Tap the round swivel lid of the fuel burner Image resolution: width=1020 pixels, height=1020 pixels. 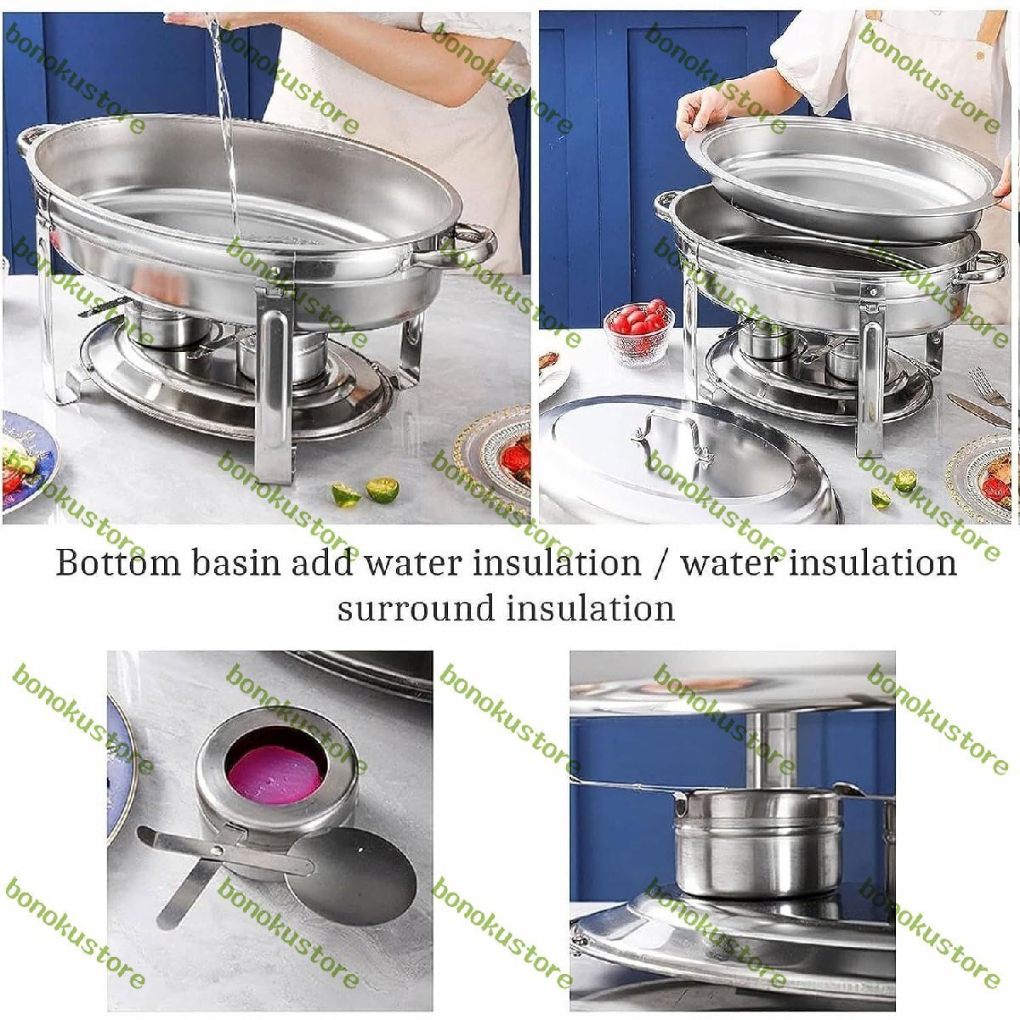(351, 876)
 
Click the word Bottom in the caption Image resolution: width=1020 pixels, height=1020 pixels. (117, 562)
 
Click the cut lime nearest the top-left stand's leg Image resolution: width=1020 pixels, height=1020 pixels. (346, 496)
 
